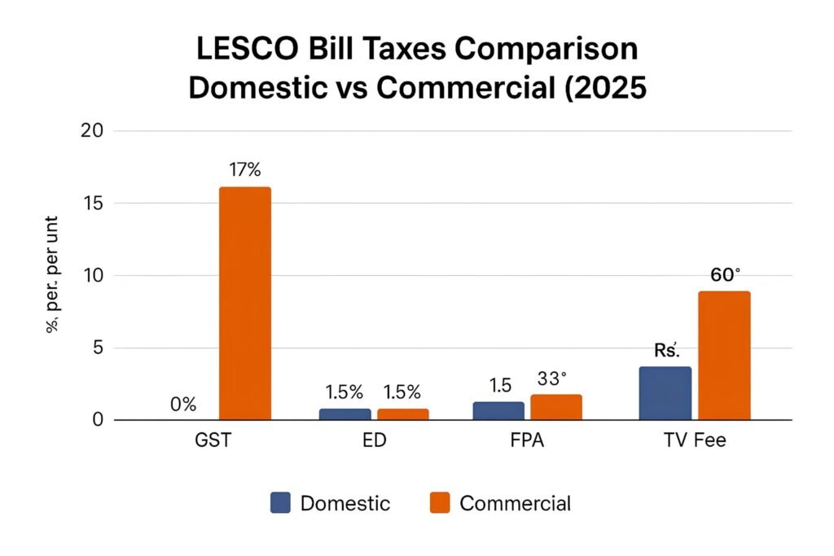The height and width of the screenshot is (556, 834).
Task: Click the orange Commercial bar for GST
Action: click(244, 304)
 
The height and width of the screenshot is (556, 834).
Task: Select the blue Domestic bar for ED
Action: click(345, 414)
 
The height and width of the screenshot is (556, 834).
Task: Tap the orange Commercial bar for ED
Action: click(402, 414)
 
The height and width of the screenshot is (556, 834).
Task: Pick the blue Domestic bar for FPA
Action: click(498, 411)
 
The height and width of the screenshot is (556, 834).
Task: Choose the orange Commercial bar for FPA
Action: click(556, 408)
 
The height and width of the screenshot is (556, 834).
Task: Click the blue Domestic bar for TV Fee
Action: click(665, 393)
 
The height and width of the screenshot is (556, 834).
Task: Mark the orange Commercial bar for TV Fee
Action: click(724, 356)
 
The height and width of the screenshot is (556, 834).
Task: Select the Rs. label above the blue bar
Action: click(666, 351)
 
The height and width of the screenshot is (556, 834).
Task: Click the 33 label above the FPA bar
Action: click(552, 379)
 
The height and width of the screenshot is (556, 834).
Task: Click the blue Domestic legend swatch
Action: click(279, 503)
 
